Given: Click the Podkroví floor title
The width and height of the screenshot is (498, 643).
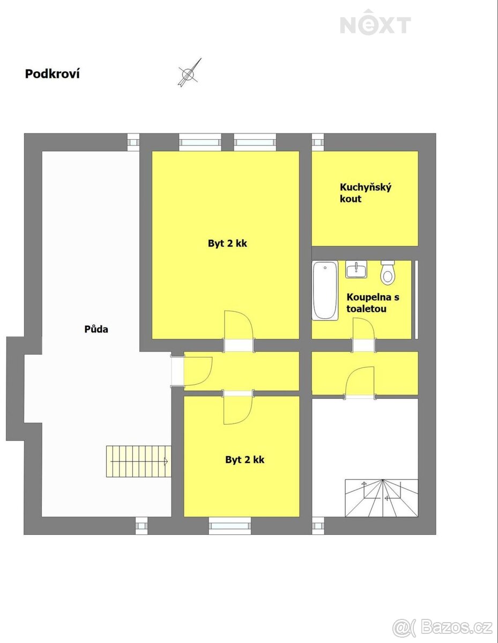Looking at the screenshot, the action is coord(53,74).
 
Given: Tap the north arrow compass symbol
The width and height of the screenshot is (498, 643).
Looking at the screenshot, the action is coord(189,73).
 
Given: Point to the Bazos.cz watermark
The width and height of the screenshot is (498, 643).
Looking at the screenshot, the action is coord(443,626).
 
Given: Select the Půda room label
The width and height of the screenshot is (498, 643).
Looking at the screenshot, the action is coord(96,329).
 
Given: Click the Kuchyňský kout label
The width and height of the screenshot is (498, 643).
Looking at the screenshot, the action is coord(366,193).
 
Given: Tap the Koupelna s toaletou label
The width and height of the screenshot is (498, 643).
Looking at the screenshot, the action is coord(373,303).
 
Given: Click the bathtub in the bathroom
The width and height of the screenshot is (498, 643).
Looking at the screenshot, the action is coord(325,290).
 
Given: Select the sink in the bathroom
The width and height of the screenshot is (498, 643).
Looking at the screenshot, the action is coord(356,269).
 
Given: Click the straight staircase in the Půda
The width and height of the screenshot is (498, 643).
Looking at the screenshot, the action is coord(139,461).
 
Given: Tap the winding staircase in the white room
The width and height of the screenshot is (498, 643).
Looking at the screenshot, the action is coord(382,498).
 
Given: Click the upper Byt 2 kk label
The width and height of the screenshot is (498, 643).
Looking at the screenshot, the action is coord(227,243).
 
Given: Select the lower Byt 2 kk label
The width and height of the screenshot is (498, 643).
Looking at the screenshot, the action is coord(244,460).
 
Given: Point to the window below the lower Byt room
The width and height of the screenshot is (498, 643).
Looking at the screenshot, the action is coord(229,526).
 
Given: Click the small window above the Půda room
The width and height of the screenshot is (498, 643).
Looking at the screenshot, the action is coord(133,143).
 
